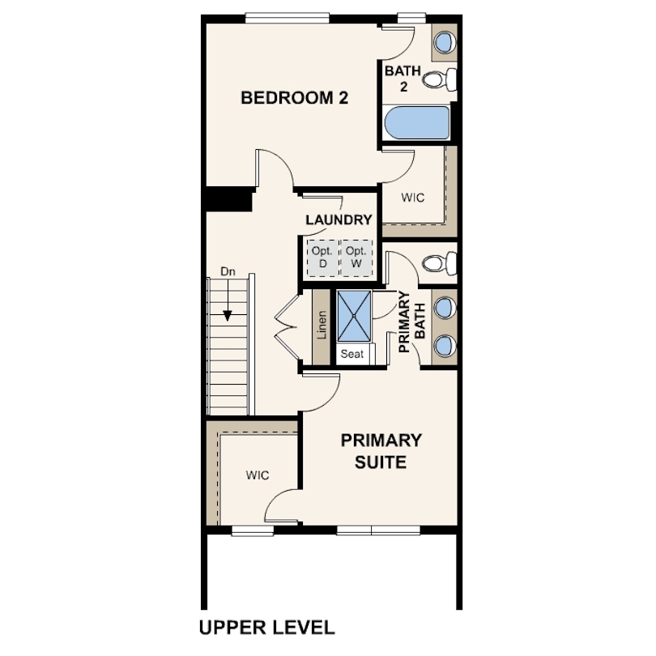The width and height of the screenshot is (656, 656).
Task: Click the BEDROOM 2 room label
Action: [295, 98]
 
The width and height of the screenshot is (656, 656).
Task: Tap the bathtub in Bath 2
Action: [417, 122]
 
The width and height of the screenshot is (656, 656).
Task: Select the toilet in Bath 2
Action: [440, 79]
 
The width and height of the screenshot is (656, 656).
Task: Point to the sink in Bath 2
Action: [445, 42]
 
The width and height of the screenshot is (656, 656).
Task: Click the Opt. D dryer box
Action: [322, 258]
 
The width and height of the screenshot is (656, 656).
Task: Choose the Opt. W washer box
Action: [356, 258]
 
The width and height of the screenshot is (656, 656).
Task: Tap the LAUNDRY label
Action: [339, 219]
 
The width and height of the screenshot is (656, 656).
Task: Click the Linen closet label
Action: [322, 325]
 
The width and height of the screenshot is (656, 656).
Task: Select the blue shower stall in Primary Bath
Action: [354, 316]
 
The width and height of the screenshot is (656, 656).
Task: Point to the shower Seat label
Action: [351, 354]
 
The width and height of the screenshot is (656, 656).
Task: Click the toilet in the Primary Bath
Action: [440, 263]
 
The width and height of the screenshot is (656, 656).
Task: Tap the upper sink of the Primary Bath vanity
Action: [445, 307]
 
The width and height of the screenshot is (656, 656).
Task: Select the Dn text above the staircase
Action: [228, 271]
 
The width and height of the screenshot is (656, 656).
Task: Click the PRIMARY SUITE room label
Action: [381, 451]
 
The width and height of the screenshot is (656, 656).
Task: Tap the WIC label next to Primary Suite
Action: [258, 475]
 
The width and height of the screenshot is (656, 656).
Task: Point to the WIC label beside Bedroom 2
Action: [413, 198]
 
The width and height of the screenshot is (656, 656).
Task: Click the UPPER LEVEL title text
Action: [267, 628]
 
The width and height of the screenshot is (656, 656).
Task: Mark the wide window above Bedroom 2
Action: [287, 18]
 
